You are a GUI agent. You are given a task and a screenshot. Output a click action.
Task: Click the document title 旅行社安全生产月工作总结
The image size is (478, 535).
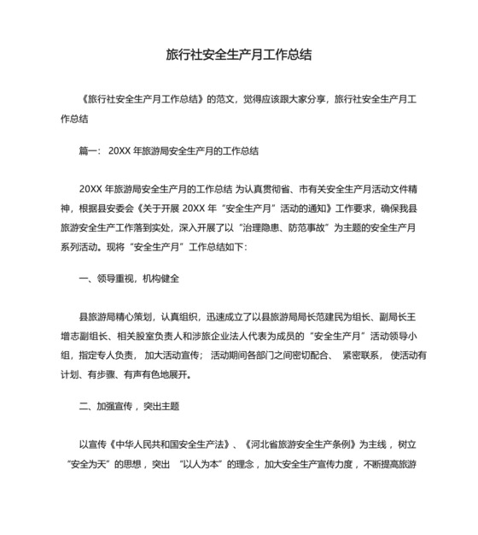click(x=238, y=56)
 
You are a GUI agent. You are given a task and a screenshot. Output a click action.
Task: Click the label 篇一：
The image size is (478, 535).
click(x=90, y=150)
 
